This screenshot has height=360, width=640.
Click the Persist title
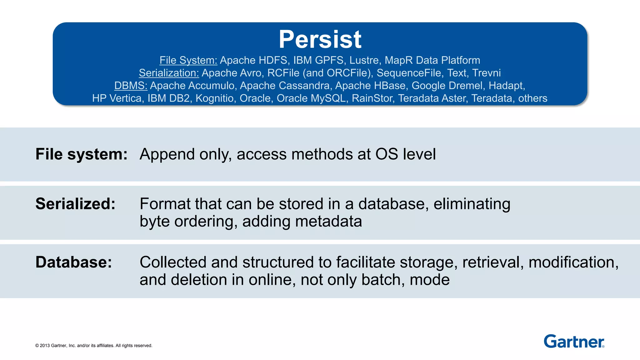(x=320, y=39)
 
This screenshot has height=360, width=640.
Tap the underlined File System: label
(x=188, y=60)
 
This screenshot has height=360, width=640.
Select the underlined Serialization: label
(x=169, y=73)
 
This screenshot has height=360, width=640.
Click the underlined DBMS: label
(x=131, y=86)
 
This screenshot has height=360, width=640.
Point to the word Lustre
(x=364, y=60)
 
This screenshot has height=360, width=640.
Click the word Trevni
(x=486, y=73)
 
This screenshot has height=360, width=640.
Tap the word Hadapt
(x=506, y=86)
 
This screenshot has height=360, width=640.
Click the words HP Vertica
(x=117, y=98)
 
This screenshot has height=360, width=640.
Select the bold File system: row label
(x=81, y=154)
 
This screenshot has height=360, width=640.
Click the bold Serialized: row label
(x=75, y=204)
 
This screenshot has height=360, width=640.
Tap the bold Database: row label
(x=73, y=262)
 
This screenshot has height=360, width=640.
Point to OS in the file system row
(x=387, y=154)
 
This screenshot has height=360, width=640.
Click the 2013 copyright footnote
(x=94, y=346)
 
